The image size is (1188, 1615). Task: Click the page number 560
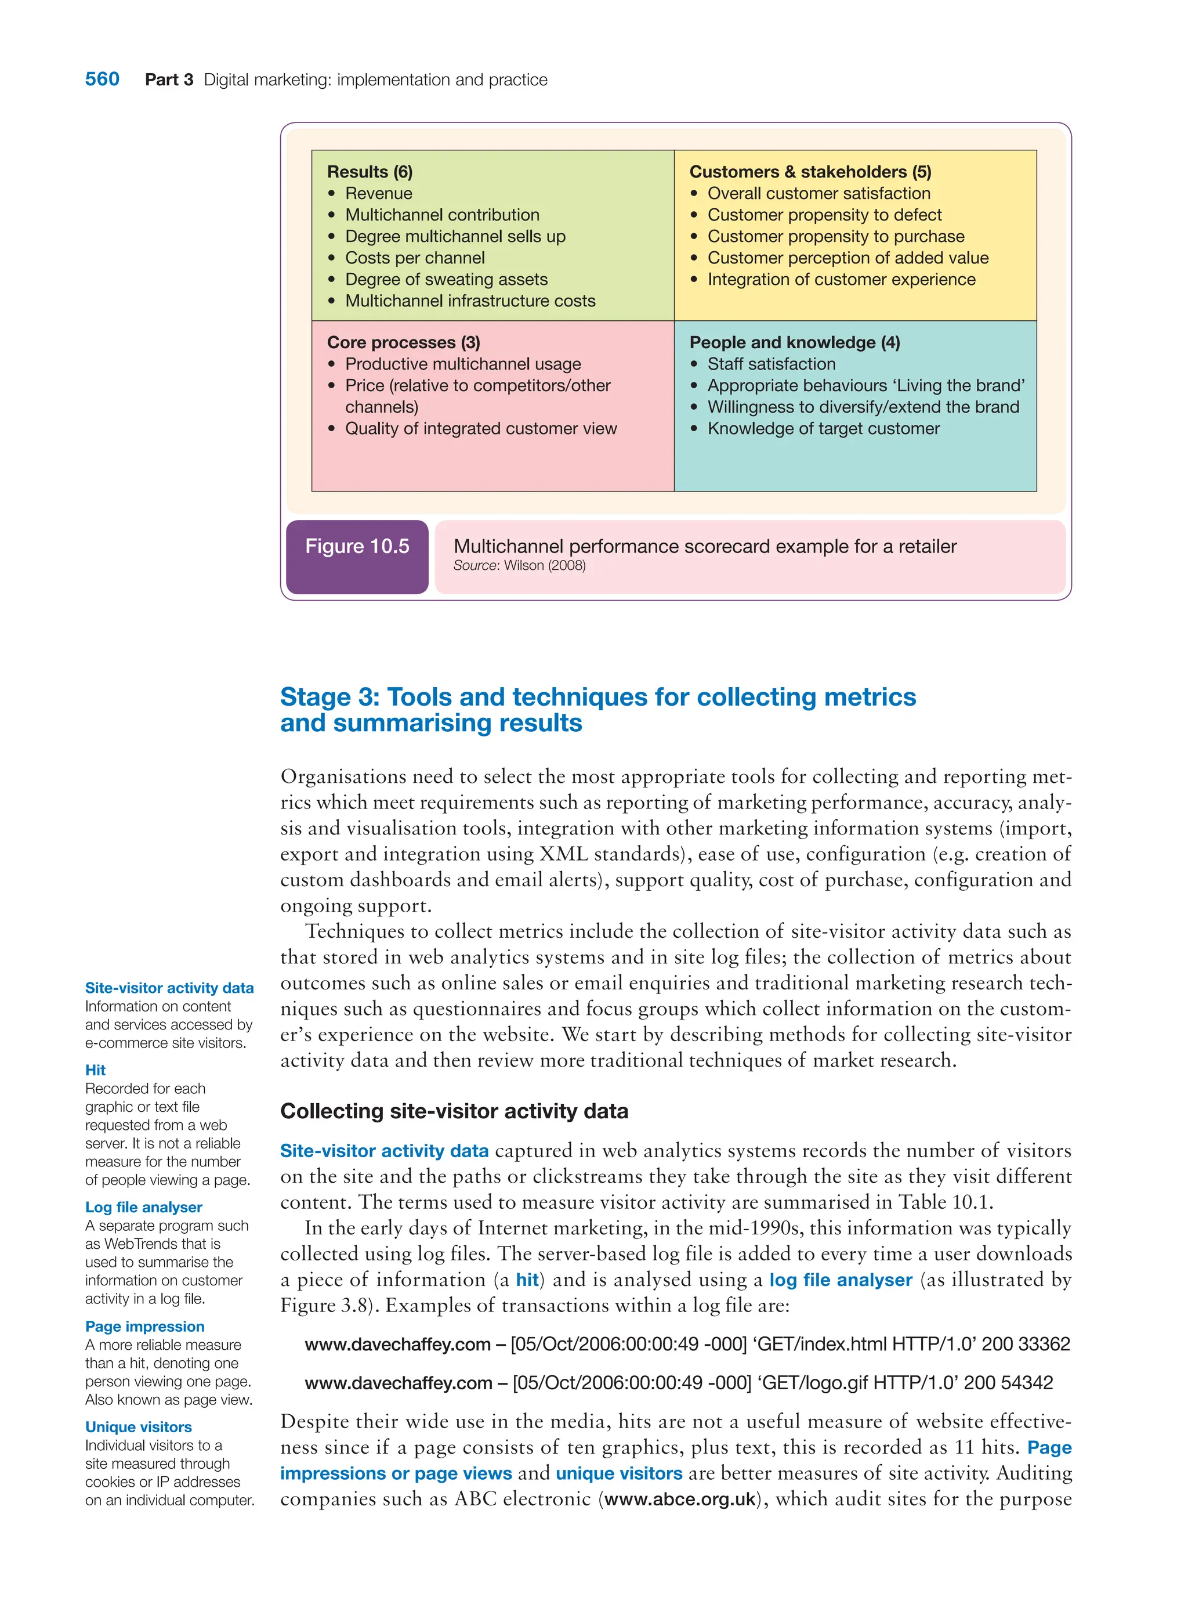(x=102, y=79)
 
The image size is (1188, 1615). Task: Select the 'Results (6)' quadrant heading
(x=370, y=172)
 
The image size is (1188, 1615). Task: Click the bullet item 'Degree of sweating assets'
(x=446, y=279)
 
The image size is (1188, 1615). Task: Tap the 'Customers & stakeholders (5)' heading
(x=810, y=172)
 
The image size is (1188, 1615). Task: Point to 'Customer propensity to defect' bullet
(x=824, y=215)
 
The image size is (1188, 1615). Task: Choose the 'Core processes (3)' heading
(x=403, y=342)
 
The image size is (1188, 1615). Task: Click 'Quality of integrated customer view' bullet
(x=480, y=429)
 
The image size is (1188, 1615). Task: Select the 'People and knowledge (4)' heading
(x=794, y=342)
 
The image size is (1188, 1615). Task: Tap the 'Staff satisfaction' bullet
(x=771, y=364)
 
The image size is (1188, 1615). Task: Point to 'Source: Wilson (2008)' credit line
(x=519, y=565)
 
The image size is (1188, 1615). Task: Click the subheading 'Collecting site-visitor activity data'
(x=454, y=1111)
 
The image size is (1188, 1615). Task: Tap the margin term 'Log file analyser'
(x=143, y=1207)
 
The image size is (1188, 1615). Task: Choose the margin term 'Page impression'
(x=144, y=1327)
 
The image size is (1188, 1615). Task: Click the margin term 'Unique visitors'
(x=138, y=1427)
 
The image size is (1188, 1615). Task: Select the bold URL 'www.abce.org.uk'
(x=680, y=1499)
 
